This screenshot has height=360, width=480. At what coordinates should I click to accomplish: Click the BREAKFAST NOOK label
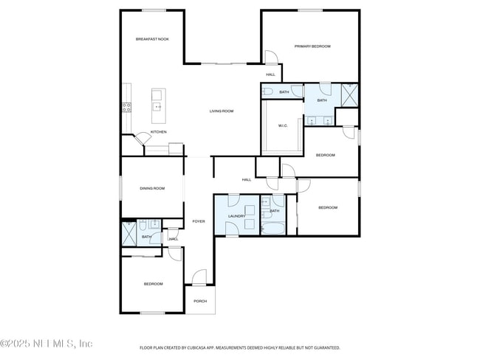point(152,39)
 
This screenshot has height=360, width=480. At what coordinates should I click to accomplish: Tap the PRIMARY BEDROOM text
point(312,46)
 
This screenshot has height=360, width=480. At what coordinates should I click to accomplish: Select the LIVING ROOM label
point(222,111)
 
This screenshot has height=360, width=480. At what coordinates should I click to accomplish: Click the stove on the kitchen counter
point(126,106)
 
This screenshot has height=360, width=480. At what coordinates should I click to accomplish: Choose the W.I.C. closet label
point(283,125)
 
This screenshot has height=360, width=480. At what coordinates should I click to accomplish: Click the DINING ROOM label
point(152,188)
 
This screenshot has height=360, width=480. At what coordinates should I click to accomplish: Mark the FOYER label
point(199,221)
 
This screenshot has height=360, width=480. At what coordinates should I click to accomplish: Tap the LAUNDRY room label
point(236,216)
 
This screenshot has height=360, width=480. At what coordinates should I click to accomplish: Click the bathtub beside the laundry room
point(272,229)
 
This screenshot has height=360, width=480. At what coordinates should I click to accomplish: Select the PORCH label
point(199,301)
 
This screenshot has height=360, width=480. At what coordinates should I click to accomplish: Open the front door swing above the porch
point(199,277)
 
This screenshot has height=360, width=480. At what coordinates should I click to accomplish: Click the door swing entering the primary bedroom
point(271,57)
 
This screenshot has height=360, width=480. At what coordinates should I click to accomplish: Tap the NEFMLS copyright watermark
point(47,344)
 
